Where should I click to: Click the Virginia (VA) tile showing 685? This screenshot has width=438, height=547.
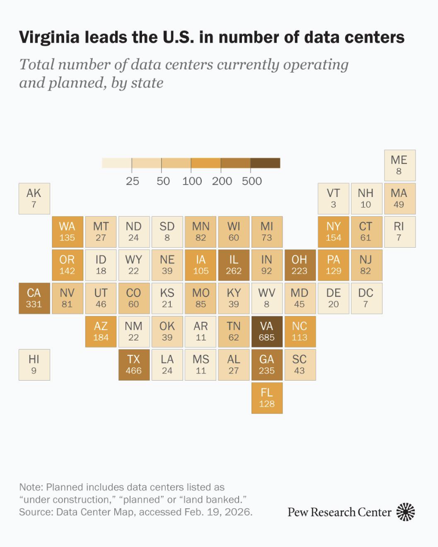(267, 331)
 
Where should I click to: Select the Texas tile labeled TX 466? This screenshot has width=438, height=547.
(134, 364)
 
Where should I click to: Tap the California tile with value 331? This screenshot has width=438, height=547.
(34, 298)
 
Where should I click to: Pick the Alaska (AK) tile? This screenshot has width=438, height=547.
(34, 198)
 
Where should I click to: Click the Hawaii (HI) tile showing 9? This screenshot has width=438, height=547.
(34, 364)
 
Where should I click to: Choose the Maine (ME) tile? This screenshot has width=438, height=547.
(399, 165)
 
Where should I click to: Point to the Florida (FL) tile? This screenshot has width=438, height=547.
(267, 397)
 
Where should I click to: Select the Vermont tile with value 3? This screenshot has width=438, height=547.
(333, 198)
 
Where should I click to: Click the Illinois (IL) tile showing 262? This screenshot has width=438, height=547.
(233, 265)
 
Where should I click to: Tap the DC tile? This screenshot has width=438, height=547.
(366, 298)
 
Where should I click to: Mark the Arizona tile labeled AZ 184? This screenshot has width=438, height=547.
(101, 331)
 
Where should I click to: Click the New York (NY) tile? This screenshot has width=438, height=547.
(333, 231)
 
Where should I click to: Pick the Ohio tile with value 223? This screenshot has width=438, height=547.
(300, 265)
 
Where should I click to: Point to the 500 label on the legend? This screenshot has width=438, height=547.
(252, 181)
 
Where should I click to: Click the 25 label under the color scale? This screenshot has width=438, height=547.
(132, 181)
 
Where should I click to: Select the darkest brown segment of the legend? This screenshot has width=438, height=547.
(265, 163)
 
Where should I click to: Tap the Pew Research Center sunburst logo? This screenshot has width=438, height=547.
(406, 512)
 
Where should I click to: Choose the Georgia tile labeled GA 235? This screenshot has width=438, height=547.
(267, 364)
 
